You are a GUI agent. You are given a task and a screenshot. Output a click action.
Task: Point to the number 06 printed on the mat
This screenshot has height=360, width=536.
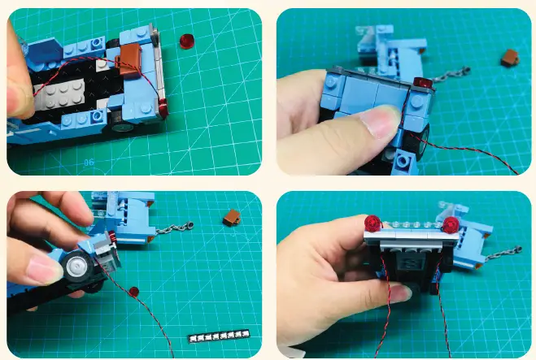tap(89, 163)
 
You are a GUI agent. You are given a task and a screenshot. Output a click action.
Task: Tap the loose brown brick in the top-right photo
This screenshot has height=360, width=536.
tap(509, 57)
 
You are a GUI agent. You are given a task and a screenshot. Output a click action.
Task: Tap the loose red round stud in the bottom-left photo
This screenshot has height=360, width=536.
tap(134, 290)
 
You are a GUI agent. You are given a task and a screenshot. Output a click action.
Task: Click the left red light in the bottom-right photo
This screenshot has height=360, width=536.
tap(374, 223)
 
